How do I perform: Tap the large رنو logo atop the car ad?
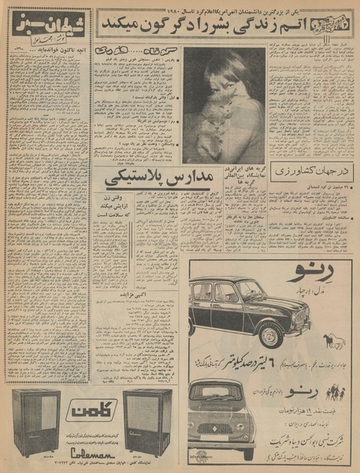(x=316, y=276)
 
